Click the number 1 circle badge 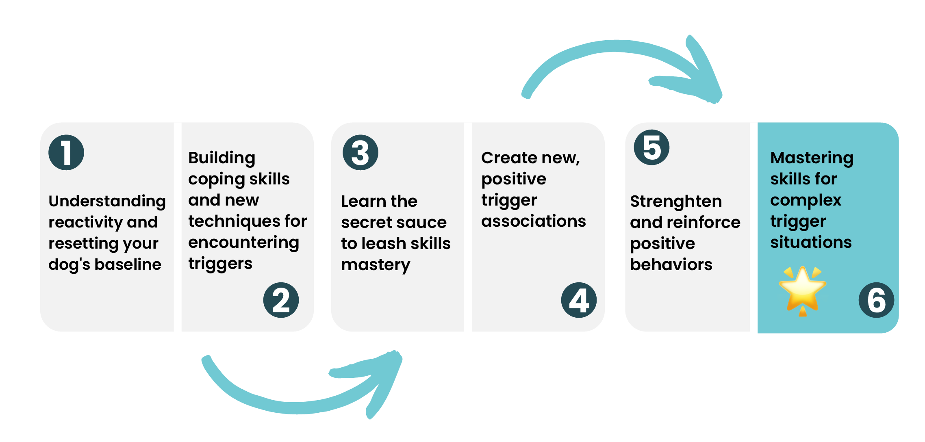coord(66,152)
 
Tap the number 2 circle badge coord(281,300)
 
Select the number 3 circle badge coord(360,152)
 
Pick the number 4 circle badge coord(579,300)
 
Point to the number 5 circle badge coord(652,147)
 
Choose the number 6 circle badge coord(876,300)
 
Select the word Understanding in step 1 coord(107,201)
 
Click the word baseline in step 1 coord(128,264)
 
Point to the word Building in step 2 coord(222,158)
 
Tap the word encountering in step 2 coord(244,243)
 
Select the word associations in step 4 coord(534,221)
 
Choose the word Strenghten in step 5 coord(676,201)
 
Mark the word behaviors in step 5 coord(671,265)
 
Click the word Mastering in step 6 coord(812,158)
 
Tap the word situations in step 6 coord(811,243)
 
